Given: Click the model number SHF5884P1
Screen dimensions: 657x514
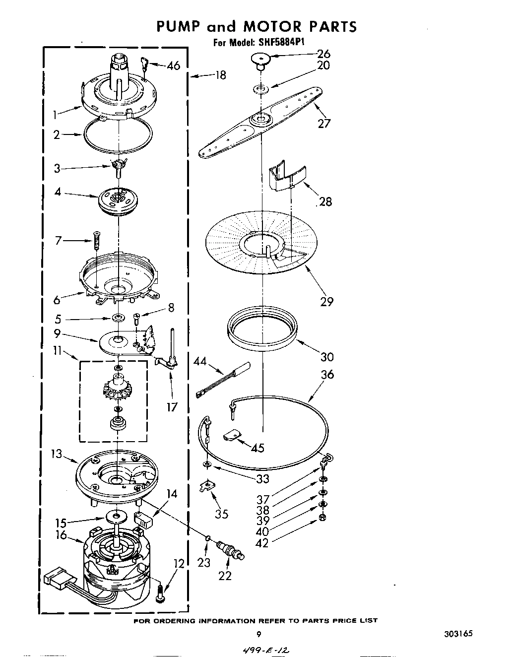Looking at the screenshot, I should [x=280, y=43].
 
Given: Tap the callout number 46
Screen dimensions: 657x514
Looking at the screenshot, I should [x=173, y=66].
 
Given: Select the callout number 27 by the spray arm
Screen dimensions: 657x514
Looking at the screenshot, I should [x=323, y=123].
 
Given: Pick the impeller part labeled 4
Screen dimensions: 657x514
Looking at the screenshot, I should [x=118, y=199].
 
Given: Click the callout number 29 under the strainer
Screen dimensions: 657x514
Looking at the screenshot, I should [x=326, y=301].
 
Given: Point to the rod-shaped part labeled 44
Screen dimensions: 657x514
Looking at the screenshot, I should [x=223, y=380].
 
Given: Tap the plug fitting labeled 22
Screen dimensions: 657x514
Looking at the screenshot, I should [x=231, y=550].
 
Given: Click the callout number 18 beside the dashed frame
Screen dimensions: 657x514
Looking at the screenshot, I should [x=220, y=75].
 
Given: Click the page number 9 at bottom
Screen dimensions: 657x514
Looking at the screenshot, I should [x=258, y=634].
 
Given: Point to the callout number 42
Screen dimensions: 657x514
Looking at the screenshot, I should [x=261, y=543].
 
